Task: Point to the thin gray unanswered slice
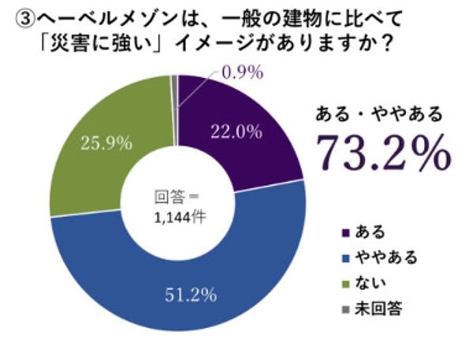click(x=175, y=109)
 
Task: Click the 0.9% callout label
click(x=243, y=72)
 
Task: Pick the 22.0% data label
click(x=236, y=132)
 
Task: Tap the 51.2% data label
click(x=191, y=295)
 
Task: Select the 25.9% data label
click(x=106, y=143)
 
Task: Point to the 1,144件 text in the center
click(x=180, y=217)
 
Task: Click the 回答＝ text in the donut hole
click(x=177, y=197)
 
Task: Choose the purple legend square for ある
click(x=346, y=232)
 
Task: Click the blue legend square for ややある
click(x=346, y=258)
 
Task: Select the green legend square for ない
click(x=346, y=284)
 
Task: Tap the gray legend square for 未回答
click(x=346, y=310)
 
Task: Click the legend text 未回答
click(x=378, y=309)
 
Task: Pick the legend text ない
click(x=370, y=283)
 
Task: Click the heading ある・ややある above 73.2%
click(x=379, y=114)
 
